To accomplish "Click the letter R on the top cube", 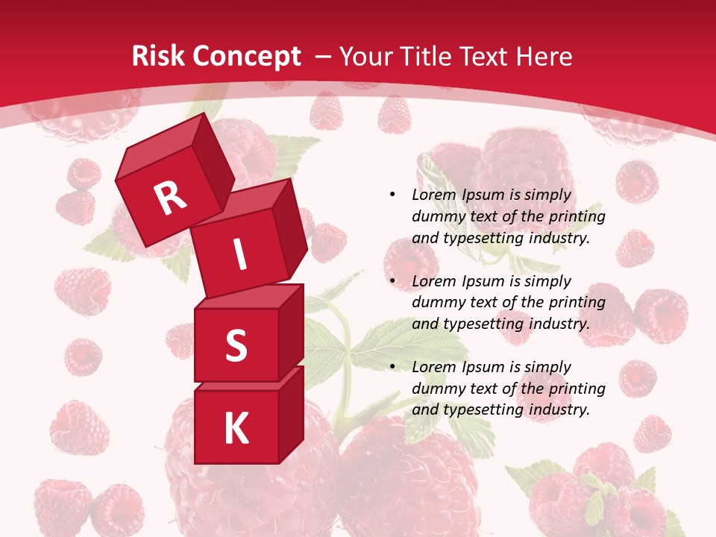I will [170, 198].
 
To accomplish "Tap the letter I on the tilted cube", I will [239, 254].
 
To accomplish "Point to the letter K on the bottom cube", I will [236, 429].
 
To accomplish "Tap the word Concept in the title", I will [246, 57].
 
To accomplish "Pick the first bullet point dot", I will [392, 195].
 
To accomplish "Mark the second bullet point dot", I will [392, 281].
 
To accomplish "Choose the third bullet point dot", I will [392, 367].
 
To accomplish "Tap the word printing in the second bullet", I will [574, 303].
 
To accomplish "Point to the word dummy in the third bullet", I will [436, 389].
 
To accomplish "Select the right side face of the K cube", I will [291, 414].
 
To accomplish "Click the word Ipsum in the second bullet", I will [485, 281].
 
